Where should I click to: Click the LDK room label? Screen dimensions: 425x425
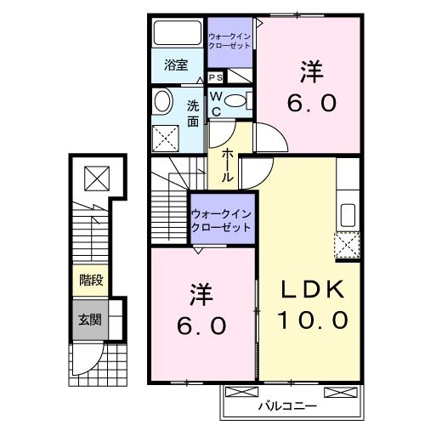(x=314, y=291)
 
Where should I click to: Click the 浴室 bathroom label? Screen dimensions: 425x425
(x=177, y=65)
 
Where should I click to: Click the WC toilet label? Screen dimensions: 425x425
(x=217, y=104)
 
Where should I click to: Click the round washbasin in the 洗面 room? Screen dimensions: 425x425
(x=162, y=102)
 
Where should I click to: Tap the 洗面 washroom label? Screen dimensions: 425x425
(x=193, y=113)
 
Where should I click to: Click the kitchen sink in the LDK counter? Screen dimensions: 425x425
(x=347, y=213)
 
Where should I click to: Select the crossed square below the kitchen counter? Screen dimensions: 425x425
(x=347, y=245)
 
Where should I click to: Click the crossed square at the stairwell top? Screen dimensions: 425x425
(x=96, y=178)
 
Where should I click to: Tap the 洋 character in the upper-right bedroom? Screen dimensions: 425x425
(x=312, y=72)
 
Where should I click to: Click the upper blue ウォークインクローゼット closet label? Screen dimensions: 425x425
(x=229, y=40)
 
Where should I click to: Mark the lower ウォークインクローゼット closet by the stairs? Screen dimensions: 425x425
(x=222, y=220)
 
